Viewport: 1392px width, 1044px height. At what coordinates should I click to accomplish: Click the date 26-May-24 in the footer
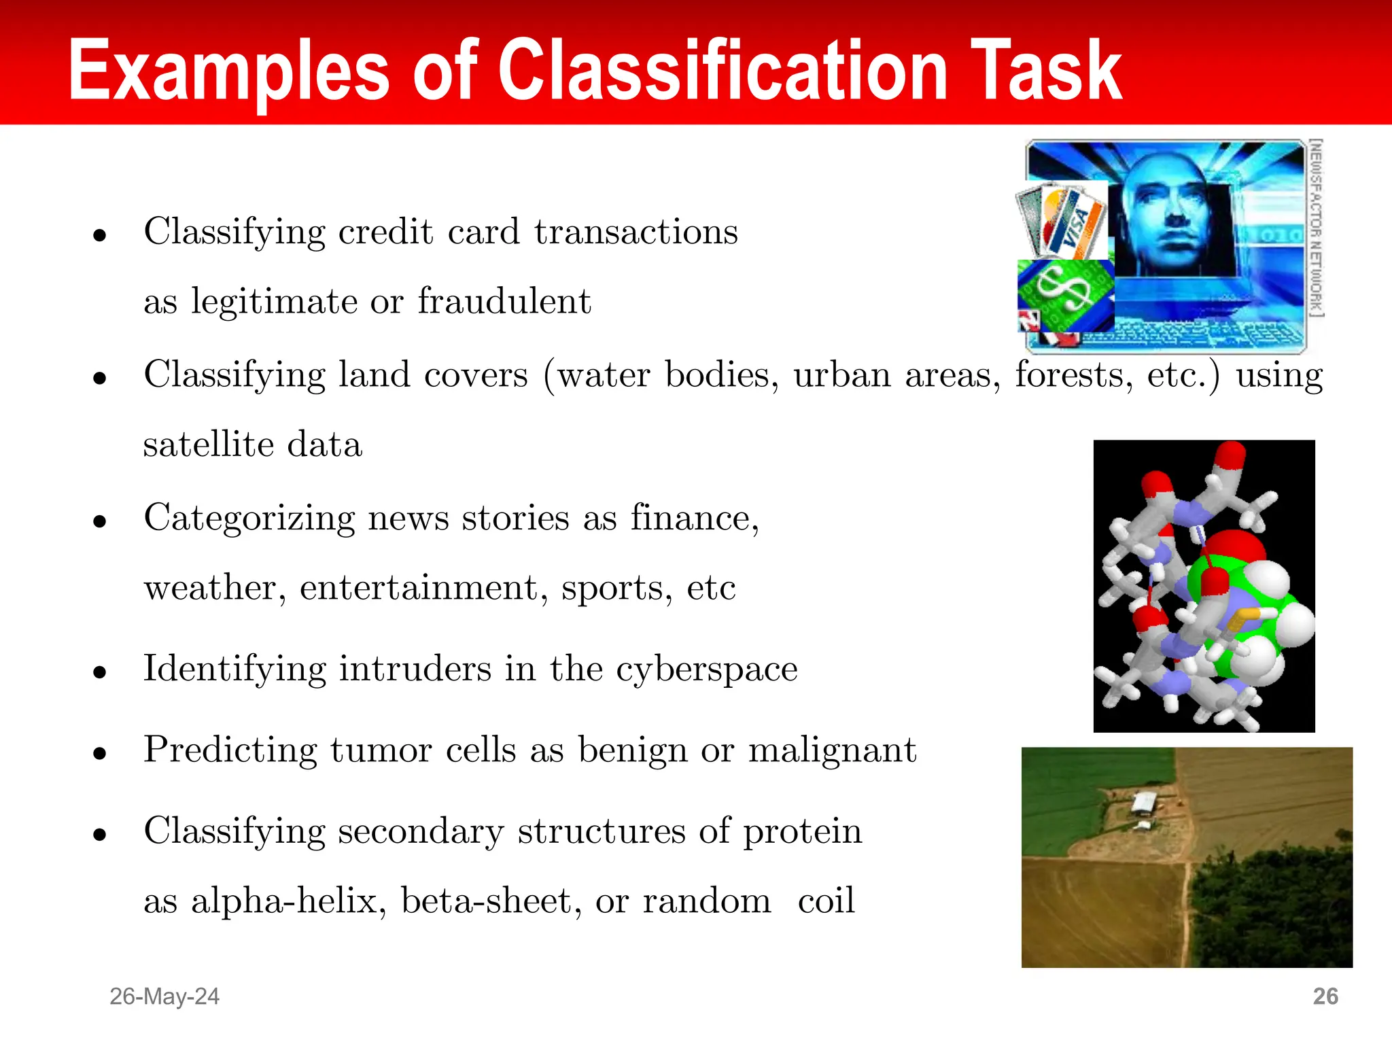point(164,996)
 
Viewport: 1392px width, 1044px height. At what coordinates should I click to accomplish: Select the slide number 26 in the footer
point(1325,996)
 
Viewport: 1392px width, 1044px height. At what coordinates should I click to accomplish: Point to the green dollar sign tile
point(1063,292)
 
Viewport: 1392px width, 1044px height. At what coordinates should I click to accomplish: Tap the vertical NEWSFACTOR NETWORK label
point(1316,228)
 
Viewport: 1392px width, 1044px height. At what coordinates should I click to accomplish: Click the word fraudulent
point(504,301)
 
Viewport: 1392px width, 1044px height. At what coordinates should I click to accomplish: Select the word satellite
point(208,445)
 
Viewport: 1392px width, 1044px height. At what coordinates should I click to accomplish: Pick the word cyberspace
point(707,669)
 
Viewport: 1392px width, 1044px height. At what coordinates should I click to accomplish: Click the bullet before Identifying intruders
point(101,672)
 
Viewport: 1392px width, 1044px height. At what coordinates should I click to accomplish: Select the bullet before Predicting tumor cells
point(101,753)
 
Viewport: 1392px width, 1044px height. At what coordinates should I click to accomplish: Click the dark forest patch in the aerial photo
point(1271,911)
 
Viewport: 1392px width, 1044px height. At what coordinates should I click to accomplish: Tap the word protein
point(802,832)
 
